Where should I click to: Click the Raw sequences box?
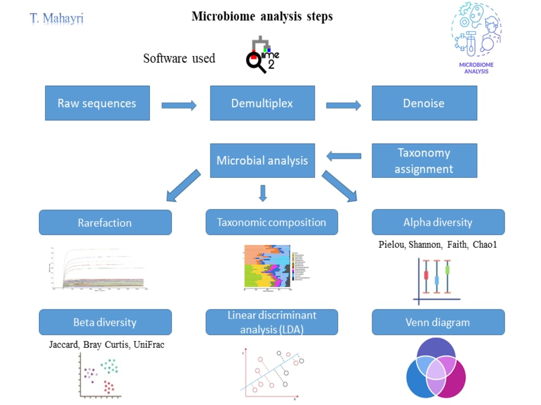coord(97,103)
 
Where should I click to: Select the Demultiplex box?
coord(262,103)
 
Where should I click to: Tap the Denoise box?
coord(424,103)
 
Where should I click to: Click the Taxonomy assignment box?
coord(424,160)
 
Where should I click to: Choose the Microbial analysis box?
coord(262,160)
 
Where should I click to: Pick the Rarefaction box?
coord(105,222)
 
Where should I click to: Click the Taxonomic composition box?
coord(272,222)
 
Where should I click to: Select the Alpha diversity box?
coord(438,222)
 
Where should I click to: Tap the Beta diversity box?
coord(105,322)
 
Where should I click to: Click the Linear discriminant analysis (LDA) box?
coord(272,322)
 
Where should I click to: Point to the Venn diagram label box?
coord(438,322)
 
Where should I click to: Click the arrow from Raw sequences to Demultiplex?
coord(179,105)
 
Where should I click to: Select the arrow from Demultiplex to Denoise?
coord(344,105)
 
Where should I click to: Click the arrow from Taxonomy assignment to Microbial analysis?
coord(344,156)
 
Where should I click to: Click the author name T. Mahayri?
coord(57,18)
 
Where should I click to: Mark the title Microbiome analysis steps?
coord(262,16)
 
